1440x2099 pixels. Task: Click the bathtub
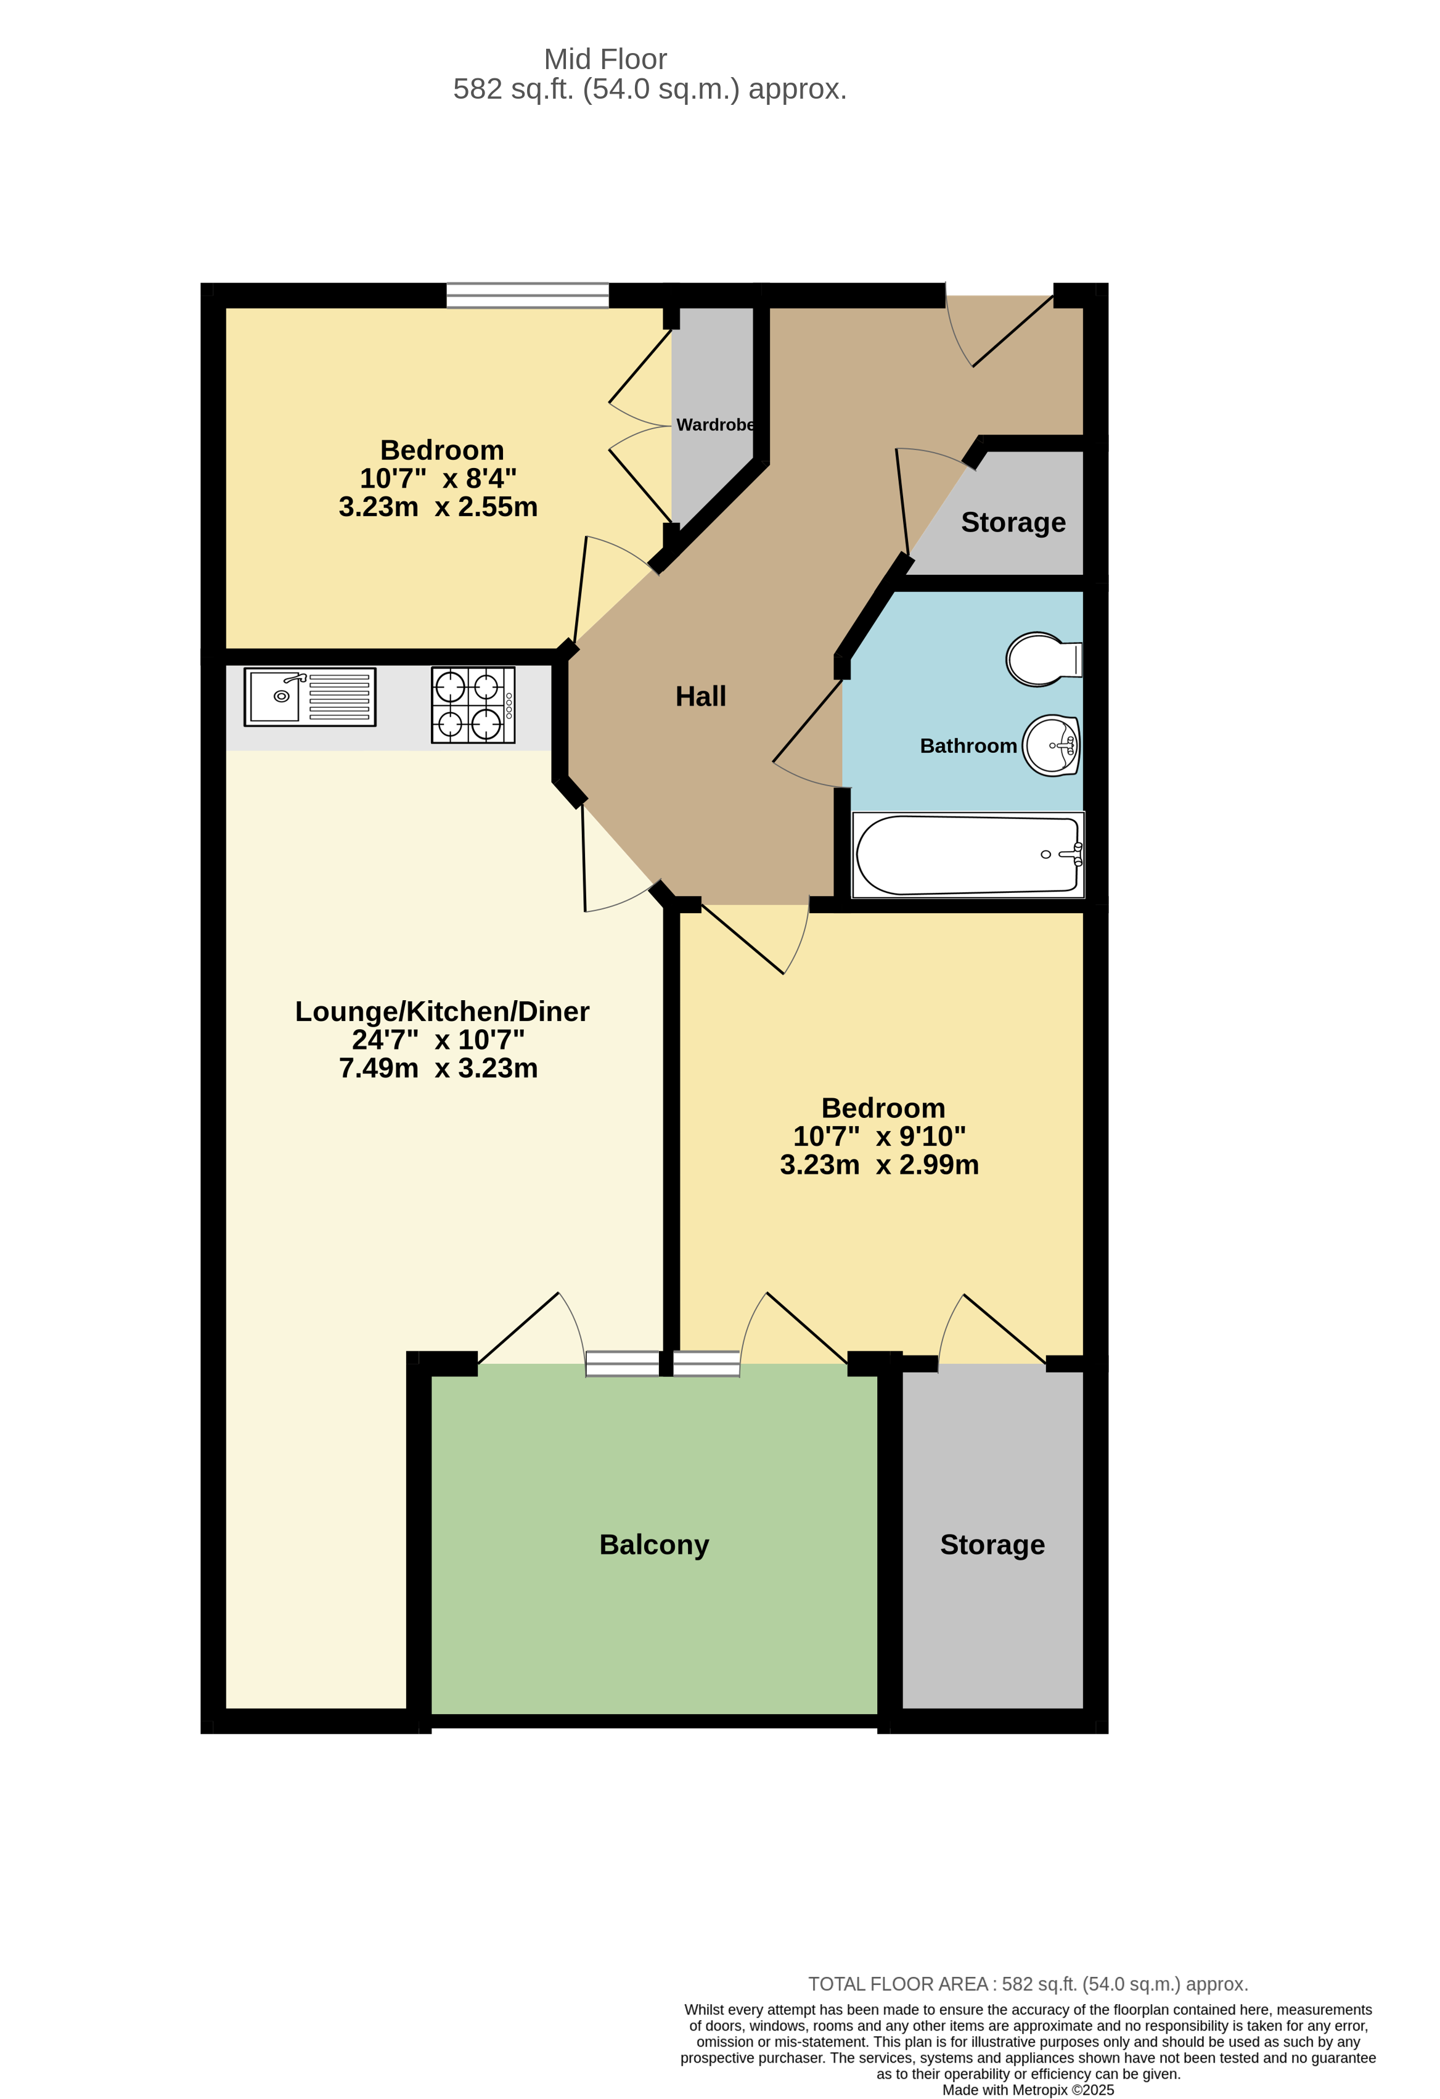[x=968, y=855]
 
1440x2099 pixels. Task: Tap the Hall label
[x=701, y=696]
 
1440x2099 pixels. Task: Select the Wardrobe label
[x=716, y=424]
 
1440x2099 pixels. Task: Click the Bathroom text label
[x=968, y=746]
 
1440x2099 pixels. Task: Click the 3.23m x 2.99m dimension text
[x=878, y=1165]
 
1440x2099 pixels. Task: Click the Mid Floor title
[x=605, y=60]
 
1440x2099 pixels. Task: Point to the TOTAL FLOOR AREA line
[x=1028, y=1984]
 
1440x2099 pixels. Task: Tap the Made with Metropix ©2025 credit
[x=1028, y=2090]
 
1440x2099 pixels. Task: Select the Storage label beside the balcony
[x=992, y=1545]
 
